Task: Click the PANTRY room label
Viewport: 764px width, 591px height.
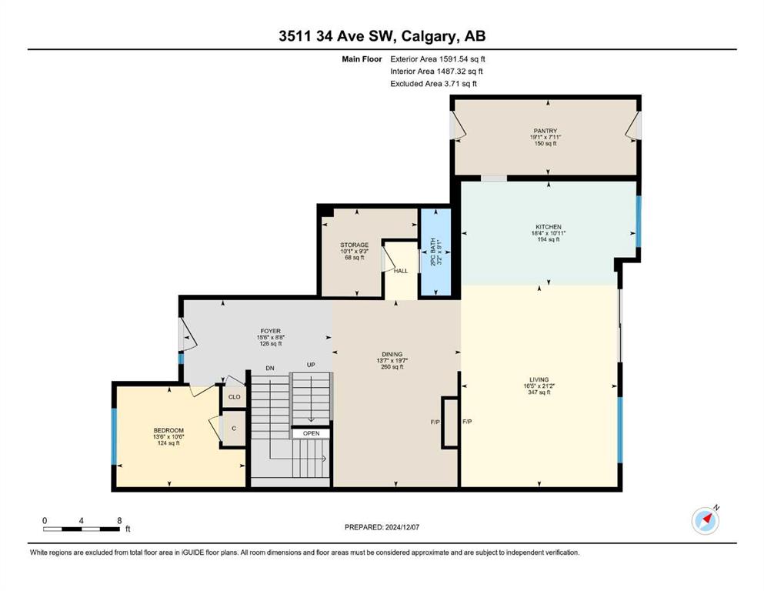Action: (545, 131)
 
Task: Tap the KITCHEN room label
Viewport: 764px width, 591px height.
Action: (549, 226)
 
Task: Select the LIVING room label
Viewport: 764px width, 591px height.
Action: (539, 379)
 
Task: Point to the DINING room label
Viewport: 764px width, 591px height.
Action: (392, 354)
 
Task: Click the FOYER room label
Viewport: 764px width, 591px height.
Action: (270, 331)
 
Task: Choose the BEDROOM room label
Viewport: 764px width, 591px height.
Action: (168, 430)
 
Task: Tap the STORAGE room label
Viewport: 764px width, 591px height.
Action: (354, 245)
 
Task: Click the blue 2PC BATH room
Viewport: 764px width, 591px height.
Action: (435, 252)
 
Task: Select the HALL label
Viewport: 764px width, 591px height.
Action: (401, 271)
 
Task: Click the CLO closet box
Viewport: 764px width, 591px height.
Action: (235, 396)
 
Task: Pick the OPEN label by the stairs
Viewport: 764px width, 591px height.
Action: (312, 433)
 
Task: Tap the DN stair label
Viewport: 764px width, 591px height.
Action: (270, 369)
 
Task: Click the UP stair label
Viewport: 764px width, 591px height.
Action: (311, 365)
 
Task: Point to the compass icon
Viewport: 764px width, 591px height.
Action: (706, 520)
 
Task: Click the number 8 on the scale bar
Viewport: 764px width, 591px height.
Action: (119, 520)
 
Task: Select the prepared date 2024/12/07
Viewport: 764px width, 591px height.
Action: (402, 527)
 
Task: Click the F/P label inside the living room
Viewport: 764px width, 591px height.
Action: (467, 422)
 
